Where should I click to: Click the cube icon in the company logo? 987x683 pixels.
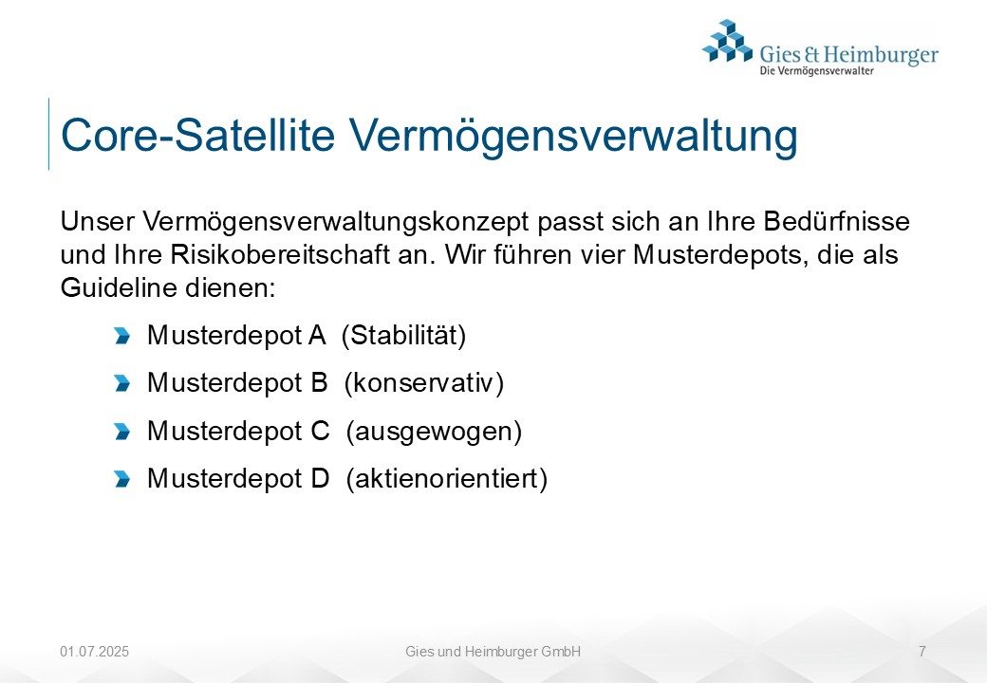coord(728,41)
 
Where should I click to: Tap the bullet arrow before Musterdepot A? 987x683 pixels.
coord(122,336)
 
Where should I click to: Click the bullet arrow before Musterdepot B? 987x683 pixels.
coord(122,383)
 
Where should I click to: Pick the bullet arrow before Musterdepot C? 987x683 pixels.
coord(122,432)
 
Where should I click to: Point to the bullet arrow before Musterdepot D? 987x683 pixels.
coord(122,479)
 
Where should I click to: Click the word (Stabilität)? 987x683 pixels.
coord(403,335)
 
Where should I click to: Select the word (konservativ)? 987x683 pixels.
coord(424,383)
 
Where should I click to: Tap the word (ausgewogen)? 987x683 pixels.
coord(434,432)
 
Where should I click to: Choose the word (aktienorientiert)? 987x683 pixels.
coord(446,479)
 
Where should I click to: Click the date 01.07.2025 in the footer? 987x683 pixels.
coord(94,652)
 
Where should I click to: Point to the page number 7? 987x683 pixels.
coord(922,652)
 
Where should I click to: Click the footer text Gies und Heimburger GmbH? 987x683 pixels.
coord(493,652)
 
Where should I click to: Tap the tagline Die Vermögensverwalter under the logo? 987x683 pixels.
coord(816,71)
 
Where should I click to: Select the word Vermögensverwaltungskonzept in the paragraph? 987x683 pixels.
coord(336,222)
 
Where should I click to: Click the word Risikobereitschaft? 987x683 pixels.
coord(280,255)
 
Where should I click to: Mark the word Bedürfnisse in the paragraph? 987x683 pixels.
coord(836,221)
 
